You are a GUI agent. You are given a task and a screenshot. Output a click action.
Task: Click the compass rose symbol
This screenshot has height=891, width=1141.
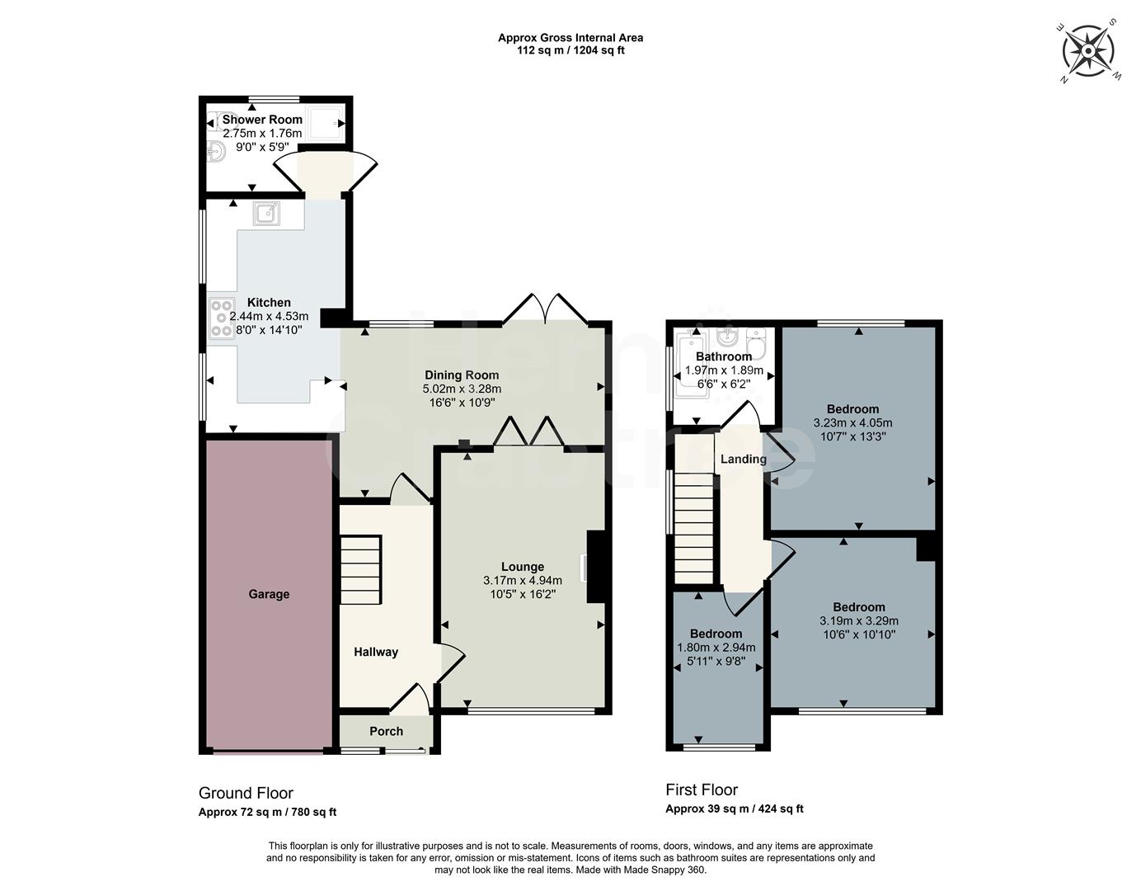click(x=1087, y=51)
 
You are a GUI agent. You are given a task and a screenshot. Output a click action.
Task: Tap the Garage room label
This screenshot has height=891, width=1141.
click(x=269, y=594)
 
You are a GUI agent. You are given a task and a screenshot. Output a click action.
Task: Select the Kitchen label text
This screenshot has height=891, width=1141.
click(x=269, y=303)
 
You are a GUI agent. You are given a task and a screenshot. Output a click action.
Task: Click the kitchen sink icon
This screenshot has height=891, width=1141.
click(x=267, y=214)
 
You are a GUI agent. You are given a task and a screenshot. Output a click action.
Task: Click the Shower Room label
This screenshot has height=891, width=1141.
click(x=262, y=120)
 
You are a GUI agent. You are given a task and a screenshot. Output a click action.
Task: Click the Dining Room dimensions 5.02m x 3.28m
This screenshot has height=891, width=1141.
click(x=462, y=389)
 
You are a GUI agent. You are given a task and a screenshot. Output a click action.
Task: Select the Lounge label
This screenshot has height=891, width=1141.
click(x=523, y=567)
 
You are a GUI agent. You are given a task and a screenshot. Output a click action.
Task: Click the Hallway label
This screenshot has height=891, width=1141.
click(x=376, y=652)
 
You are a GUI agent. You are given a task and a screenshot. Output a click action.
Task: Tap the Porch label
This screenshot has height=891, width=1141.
click(x=386, y=731)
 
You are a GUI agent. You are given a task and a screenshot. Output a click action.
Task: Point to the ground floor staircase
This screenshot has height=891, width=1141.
click(x=361, y=570)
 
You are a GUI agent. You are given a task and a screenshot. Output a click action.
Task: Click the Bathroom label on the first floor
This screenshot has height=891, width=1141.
click(x=724, y=356)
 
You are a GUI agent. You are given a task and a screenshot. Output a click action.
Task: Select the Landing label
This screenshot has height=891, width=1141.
click(x=743, y=459)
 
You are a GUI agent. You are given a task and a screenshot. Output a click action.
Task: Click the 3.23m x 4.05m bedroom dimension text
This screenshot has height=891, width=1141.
click(x=852, y=422)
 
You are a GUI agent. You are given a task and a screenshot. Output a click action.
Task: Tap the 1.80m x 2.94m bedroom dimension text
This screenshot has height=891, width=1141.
click(x=716, y=648)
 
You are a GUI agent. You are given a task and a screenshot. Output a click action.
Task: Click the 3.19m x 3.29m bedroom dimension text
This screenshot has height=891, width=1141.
click(x=858, y=621)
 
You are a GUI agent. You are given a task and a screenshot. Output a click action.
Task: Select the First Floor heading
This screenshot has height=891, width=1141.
click(x=702, y=790)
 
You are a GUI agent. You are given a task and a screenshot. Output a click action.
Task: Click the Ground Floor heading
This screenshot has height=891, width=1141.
click(x=246, y=793)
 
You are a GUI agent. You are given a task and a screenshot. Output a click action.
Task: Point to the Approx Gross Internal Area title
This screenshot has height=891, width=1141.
click(x=570, y=37)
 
